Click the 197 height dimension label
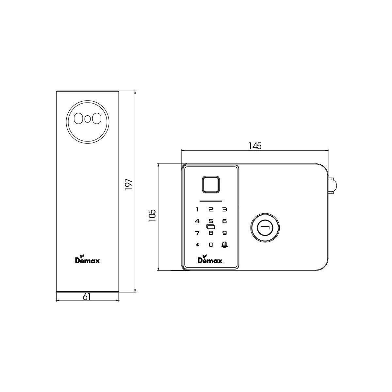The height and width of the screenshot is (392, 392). coord(128,185)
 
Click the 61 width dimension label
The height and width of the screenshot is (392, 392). coord(87,297)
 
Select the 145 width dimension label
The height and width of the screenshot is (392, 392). coord(255,146)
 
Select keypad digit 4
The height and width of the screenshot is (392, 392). coord(197,221)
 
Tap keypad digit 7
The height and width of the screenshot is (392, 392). coord(197,233)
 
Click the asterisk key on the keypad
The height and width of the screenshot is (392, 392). coord(197,245)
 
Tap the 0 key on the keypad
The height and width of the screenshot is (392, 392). coord(211,245)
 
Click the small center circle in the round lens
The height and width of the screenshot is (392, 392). coord(87,119)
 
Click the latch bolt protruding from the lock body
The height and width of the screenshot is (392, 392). coord(332,186)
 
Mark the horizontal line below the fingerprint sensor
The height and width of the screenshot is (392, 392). coord(211,201)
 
